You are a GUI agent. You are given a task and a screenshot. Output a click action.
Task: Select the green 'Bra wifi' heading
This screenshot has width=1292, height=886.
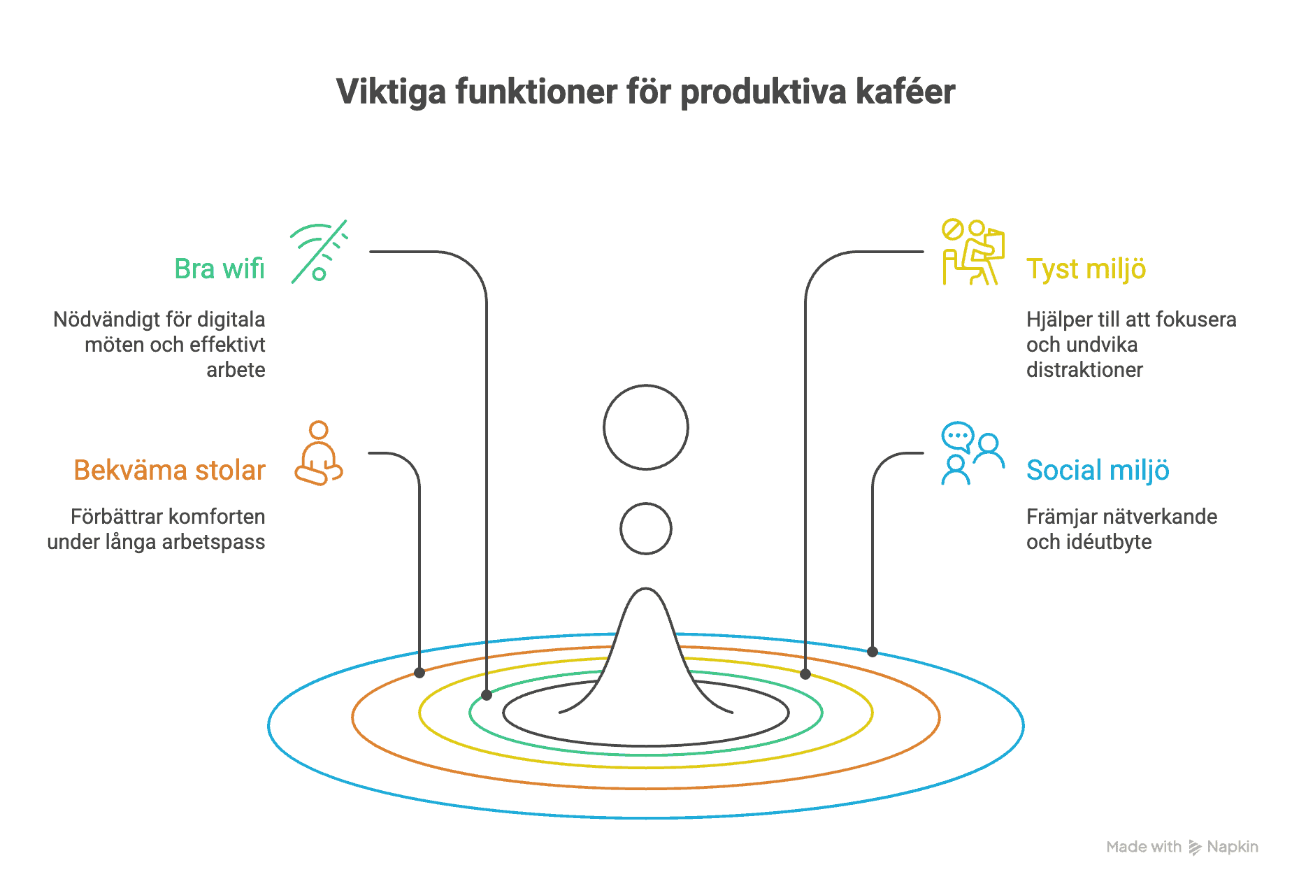click(x=220, y=269)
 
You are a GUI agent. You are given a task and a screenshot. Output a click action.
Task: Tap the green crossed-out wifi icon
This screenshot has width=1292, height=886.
click(x=319, y=252)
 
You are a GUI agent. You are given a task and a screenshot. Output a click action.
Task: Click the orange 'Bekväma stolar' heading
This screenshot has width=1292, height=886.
click(x=169, y=471)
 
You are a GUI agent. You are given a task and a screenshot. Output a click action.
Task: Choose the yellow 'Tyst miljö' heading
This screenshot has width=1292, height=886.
click(x=1086, y=269)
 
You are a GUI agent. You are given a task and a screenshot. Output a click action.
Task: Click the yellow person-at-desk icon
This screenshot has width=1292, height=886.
click(x=972, y=252)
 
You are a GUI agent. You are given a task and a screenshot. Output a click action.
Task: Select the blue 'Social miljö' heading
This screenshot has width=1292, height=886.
click(x=1098, y=471)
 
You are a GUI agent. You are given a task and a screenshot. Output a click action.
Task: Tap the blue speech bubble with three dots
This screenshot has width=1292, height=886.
click(x=957, y=436)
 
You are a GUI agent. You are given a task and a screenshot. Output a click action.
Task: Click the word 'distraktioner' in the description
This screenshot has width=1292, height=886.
click(x=1084, y=370)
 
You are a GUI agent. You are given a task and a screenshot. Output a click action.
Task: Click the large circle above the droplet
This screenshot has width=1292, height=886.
click(x=646, y=427)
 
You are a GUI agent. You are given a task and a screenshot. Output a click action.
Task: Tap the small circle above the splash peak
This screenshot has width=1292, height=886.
click(x=646, y=529)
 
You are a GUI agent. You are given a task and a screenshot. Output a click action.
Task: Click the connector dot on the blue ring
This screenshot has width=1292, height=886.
click(x=873, y=652)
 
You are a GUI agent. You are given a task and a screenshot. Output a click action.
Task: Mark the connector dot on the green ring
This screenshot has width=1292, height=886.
click(x=487, y=695)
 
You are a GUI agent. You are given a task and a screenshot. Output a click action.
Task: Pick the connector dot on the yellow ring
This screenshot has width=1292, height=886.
click(x=805, y=674)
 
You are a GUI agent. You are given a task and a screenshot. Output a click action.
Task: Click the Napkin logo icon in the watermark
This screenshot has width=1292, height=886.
click(x=1195, y=848)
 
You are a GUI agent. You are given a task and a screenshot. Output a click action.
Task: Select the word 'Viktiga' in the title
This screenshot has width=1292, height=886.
click(x=391, y=92)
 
